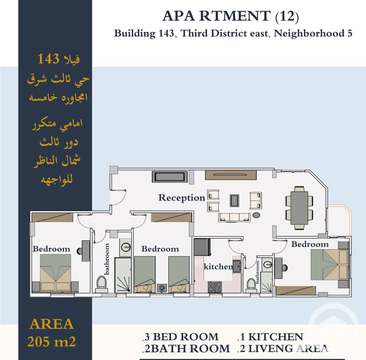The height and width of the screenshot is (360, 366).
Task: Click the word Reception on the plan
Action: click(x=181, y=198)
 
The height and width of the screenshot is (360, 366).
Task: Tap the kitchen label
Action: click(x=218, y=266)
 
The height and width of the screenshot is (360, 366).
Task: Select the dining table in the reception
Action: click(x=299, y=208)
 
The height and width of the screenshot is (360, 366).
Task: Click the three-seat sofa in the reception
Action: click(x=235, y=217)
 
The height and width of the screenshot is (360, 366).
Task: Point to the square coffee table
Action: click(x=235, y=201)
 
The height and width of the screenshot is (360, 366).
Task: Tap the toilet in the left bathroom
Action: click(x=102, y=283)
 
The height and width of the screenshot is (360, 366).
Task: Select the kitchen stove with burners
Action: click(x=215, y=287)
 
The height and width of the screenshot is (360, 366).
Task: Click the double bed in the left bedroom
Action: click(x=55, y=272)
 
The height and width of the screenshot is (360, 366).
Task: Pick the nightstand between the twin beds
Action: click(x=162, y=288)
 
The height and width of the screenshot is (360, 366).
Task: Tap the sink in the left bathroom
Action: click(x=126, y=247)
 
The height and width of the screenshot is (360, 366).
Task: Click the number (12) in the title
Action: click(x=287, y=17)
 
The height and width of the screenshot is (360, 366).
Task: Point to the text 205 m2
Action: click(x=52, y=342)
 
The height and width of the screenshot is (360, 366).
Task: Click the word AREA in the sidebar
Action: click(x=52, y=324)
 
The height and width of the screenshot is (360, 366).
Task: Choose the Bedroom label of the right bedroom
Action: click(x=310, y=244)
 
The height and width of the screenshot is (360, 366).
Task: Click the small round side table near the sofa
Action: click(x=256, y=215)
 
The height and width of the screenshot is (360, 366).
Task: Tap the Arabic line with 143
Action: click(x=58, y=59)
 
